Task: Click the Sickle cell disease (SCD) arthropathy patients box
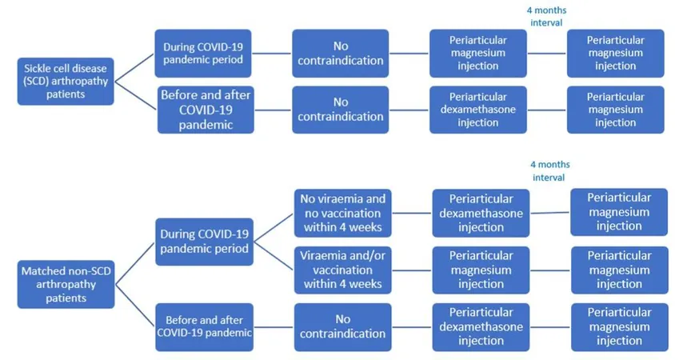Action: pos(66,81)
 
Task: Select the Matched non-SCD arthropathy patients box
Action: pos(66,284)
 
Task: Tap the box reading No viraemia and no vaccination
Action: pos(342,213)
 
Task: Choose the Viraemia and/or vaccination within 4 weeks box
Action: pos(342,270)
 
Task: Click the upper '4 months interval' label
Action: pos(546,16)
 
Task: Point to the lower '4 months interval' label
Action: pos(549,171)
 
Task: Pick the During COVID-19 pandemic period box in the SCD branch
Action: pos(203,54)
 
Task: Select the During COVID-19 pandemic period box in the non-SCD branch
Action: pos(204,242)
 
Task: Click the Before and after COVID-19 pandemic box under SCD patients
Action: pos(206,110)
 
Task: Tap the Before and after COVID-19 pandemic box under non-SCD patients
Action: pos(204,326)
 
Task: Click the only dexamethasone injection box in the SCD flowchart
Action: pos(478,110)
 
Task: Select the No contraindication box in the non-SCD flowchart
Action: pos(342,326)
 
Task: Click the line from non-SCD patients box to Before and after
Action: pos(135,306)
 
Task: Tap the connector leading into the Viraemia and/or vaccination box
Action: pos(274,256)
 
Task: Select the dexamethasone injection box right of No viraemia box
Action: pos(481,213)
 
